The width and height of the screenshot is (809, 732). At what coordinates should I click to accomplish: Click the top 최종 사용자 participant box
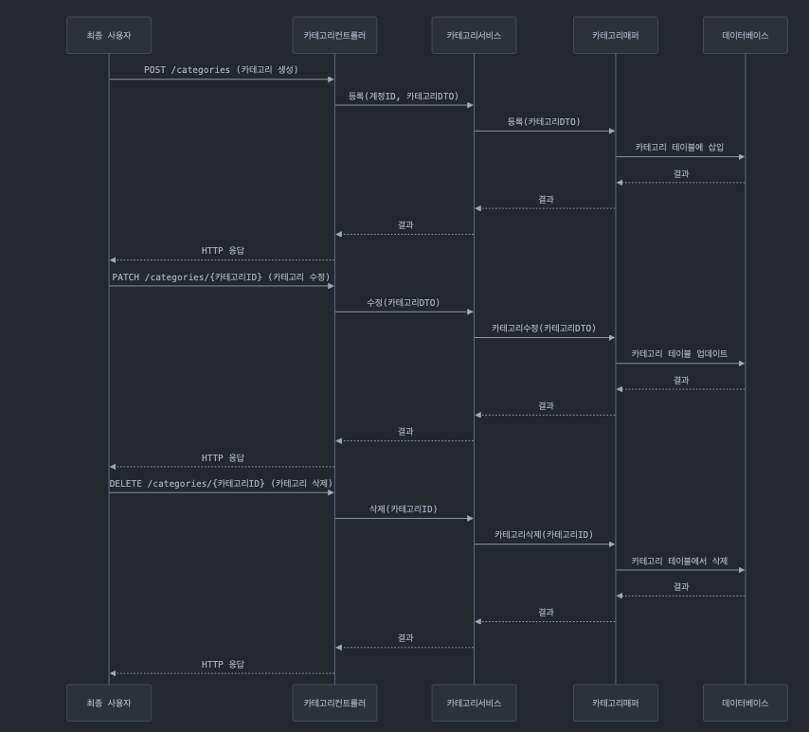click(109, 35)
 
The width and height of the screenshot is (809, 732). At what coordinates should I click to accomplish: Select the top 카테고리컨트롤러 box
click(334, 35)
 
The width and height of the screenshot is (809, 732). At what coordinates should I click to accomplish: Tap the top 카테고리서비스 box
click(474, 35)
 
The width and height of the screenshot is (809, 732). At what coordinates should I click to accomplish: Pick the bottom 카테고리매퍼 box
click(615, 703)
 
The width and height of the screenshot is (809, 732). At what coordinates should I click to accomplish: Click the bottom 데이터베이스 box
click(746, 703)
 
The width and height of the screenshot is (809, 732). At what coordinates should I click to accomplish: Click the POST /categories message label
click(221, 70)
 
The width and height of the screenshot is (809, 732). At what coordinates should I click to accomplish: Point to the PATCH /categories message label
click(221, 277)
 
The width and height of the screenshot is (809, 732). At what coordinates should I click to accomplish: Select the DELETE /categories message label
click(221, 483)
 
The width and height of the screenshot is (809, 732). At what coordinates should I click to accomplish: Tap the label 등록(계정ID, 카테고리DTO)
click(404, 96)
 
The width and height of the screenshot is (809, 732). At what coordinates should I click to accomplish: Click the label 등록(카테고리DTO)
click(544, 121)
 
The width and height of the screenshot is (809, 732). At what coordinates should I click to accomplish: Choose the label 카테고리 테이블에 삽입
click(679, 147)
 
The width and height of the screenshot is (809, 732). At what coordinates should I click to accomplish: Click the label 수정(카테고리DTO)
click(404, 302)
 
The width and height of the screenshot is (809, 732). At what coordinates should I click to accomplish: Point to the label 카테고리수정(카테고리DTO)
click(544, 328)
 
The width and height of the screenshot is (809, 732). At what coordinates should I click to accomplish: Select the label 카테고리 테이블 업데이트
click(679, 353)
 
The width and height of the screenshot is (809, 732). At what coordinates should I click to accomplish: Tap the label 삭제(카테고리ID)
click(404, 509)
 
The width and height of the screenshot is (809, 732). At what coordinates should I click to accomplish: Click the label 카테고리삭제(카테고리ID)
click(544, 534)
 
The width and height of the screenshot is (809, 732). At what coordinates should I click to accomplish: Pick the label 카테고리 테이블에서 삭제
click(679, 561)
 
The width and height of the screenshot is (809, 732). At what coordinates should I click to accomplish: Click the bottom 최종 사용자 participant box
click(109, 703)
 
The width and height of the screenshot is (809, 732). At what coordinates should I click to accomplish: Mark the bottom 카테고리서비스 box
click(474, 703)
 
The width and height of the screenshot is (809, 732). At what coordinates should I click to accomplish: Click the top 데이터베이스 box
click(746, 35)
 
